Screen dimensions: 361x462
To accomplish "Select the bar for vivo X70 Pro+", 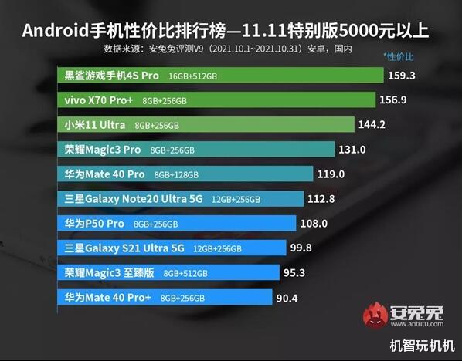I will [x=216, y=100].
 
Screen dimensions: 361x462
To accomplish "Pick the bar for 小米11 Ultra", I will [x=206, y=125].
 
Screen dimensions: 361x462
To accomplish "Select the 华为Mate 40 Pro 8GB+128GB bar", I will [x=185, y=174].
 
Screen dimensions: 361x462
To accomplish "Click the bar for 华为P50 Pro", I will [x=177, y=223].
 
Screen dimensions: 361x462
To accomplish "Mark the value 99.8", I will [x=312, y=248].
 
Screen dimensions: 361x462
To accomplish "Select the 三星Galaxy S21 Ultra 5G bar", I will [x=171, y=248].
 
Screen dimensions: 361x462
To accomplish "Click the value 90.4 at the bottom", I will [x=288, y=297].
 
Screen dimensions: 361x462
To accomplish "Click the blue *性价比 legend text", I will [x=399, y=57].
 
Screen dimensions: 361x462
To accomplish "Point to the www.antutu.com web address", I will [x=413, y=326].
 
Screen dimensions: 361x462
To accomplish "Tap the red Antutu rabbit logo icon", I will [x=377, y=315].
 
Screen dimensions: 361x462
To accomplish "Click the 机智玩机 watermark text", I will [x=421, y=346].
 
